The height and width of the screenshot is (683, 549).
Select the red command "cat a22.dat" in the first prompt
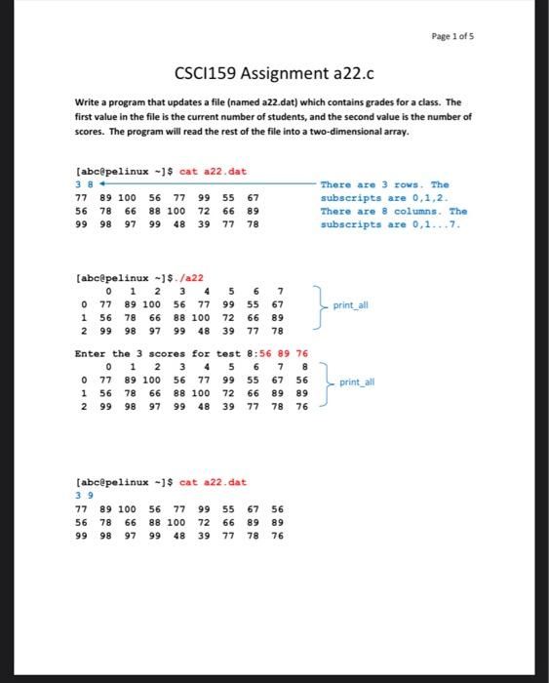point(214,172)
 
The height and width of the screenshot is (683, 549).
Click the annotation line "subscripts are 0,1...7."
point(390,224)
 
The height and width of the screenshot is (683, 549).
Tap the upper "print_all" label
point(350,304)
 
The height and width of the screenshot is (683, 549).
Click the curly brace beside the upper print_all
point(318,303)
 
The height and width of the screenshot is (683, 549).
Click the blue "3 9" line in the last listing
point(82,495)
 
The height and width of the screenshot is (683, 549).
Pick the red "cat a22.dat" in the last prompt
point(214,482)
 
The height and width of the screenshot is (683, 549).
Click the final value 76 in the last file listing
point(277,536)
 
